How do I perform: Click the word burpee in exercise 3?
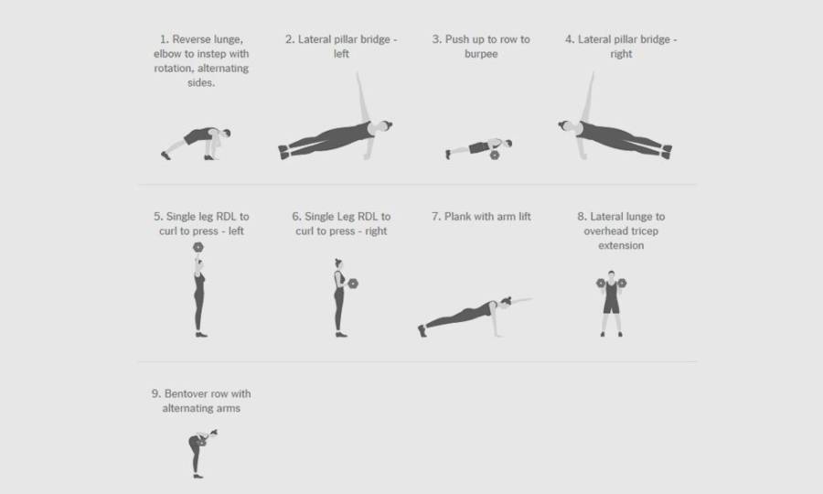481,54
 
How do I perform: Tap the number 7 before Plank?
435,217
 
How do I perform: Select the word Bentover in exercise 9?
186,393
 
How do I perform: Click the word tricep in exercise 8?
645,231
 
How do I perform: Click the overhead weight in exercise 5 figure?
198,247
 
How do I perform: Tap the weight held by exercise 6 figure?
353,284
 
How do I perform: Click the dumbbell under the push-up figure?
495,155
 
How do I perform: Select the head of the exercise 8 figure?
611,274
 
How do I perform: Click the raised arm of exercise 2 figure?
362,98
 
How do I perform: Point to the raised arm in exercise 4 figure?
588,98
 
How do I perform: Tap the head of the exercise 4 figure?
563,125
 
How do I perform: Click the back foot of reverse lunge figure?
166,156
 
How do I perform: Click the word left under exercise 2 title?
341,54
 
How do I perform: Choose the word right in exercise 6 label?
376,231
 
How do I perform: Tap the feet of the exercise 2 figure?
283,152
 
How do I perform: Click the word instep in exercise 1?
211,54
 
